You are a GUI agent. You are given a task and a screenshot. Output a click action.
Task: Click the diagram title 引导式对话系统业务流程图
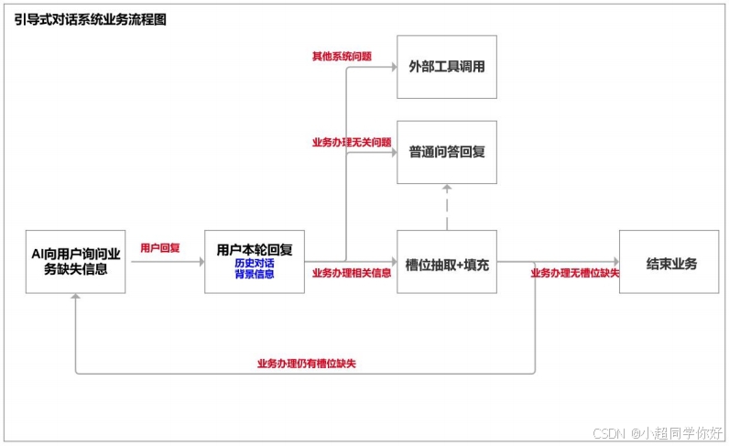91,18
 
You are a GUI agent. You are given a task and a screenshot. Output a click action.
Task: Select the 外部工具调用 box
446,67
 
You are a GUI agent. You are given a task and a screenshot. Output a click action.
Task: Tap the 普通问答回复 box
446,152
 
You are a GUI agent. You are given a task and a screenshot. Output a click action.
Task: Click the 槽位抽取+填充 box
446,264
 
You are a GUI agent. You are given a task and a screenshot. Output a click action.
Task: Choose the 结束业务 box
670,264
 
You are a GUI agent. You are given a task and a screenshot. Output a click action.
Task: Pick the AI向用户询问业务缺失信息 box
76,261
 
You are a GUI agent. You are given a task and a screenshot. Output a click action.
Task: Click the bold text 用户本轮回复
254,249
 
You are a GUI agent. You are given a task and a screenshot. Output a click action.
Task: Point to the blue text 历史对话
254,263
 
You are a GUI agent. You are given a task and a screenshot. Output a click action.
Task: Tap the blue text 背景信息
254,274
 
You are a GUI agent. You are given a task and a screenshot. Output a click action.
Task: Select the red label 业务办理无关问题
352,142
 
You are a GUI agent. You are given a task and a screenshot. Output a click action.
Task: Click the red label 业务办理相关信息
352,273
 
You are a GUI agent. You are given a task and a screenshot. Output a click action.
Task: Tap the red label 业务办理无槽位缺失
574,273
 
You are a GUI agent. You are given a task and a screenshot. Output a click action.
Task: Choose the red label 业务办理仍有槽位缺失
306,364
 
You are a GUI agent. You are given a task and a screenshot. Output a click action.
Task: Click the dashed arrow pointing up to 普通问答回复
446,206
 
